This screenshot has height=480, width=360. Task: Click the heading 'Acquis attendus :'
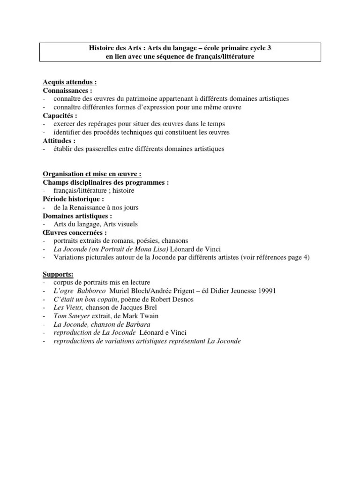[70, 82]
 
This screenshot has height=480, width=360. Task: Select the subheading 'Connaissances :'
[67, 90]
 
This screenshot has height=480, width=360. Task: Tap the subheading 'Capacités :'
[60, 115]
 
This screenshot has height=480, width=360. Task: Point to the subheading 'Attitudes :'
[59, 141]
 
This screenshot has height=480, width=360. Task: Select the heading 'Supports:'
[58, 274]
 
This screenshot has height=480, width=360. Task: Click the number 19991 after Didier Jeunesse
[266, 291]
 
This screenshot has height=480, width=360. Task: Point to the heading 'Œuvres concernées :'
[75, 232]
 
